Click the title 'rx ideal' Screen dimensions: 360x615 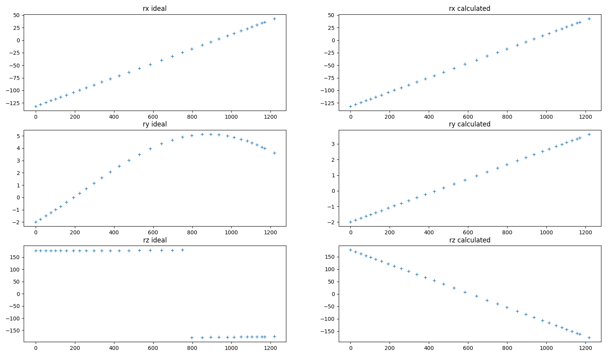pos(154,9)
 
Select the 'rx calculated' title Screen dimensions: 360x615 pos(469,9)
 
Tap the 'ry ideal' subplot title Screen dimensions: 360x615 pos(154,124)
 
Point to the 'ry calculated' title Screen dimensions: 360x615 pos(469,124)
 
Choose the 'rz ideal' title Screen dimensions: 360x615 pos(154,240)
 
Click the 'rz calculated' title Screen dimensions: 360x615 pos(469,240)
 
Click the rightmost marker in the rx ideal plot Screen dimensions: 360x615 pos(274,19)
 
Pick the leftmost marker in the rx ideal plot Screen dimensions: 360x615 pos(36,106)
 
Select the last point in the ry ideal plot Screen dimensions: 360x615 pos(274,153)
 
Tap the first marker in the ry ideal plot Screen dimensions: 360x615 pos(36,222)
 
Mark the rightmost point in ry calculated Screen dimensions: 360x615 pos(589,134)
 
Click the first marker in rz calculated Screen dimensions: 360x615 pos(351,250)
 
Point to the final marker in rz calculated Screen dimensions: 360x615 pos(589,337)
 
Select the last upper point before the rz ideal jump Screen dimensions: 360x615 pos(182,250)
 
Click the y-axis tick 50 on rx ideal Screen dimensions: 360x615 pos(16,15)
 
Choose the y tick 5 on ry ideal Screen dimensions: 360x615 pos(18,136)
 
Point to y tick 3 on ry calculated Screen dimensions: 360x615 pos(333,144)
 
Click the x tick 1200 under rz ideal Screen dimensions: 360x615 pos(270,348)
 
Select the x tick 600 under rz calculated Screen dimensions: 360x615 pos(468,348)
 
